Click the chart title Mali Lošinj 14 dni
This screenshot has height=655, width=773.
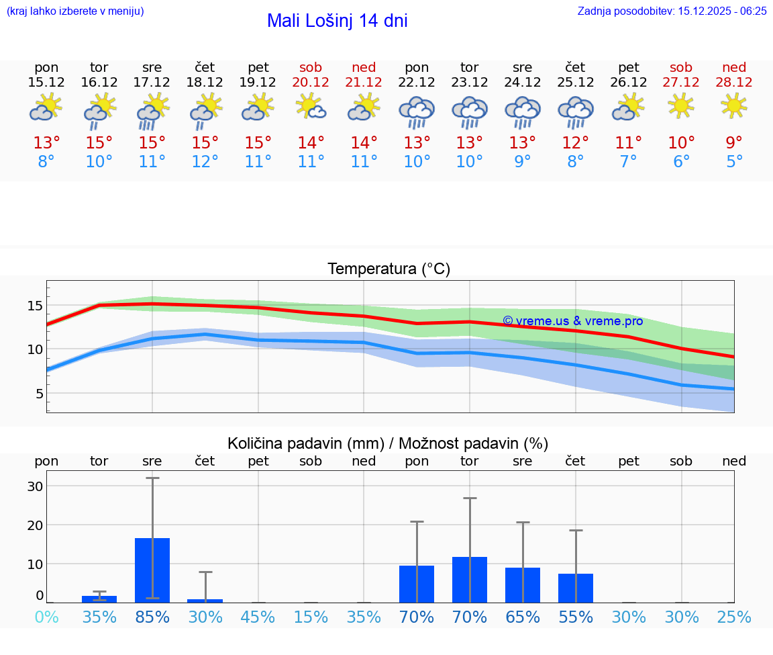[337, 21]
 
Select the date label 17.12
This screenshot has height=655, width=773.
[152, 83]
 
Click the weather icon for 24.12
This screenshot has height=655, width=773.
[523, 112]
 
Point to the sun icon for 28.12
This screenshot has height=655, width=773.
[734, 105]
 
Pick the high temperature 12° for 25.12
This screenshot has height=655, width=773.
[575, 143]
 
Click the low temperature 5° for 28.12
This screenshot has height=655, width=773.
[734, 162]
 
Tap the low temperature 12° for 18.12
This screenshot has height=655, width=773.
[205, 162]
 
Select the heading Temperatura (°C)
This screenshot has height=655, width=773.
[389, 269]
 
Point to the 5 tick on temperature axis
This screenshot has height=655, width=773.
[39, 394]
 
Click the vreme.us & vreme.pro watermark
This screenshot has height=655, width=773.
[572, 321]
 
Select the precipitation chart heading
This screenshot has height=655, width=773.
[388, 443]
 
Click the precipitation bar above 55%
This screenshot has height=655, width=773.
[575, 588]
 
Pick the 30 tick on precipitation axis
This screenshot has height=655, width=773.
[35, 486]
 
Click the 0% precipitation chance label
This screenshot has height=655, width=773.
[46, 617]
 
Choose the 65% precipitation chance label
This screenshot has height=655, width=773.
[523, 617]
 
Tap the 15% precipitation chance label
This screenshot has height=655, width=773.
[311, 617]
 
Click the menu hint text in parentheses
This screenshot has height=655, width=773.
[75, 11]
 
